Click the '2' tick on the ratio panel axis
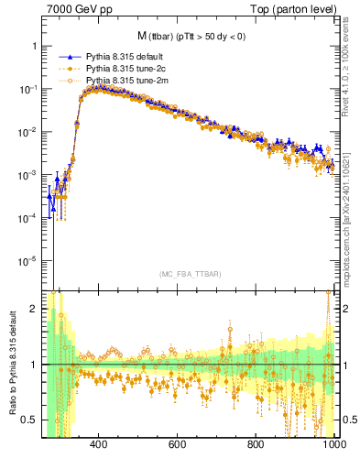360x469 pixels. tap(34, 309)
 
